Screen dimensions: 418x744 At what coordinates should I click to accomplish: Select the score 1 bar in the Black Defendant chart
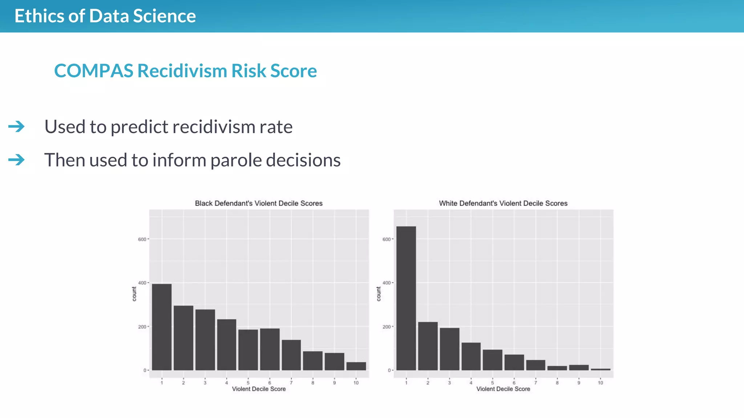[x=162, y=327]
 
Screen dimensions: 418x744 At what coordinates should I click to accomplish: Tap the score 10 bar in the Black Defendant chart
[x=356, y=366]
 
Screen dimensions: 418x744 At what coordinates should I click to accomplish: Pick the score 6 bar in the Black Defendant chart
[x=270, y=349]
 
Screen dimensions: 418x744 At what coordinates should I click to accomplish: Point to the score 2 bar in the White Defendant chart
[x=428, y=346]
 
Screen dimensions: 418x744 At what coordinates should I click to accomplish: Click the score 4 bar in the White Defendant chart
[x=471, y=356]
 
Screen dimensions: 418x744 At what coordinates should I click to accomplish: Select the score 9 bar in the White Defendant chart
[x=579, y=368]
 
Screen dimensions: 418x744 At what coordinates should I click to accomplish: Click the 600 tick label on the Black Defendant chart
[x=142, y=239]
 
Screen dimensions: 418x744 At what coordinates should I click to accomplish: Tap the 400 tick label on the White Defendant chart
[x=387, y=283]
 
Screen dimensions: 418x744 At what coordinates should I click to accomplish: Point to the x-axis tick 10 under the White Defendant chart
[x=601, y=383]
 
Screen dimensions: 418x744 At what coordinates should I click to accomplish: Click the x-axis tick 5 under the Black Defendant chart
[x=248, y=383]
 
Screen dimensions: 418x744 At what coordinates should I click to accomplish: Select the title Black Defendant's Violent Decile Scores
[x=259, y=204]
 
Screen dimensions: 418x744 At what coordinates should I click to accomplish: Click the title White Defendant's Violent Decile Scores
[x=503, y=204]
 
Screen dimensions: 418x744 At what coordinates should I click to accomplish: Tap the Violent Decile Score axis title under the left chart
[x=259, y=389]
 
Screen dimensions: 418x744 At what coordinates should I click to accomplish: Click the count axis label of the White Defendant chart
[x=379, y=294]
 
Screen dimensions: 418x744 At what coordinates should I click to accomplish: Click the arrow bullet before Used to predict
[x=17, y=127]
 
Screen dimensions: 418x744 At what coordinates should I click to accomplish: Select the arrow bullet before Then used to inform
[x=17, y=160]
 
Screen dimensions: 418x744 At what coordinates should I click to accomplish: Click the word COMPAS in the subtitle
[x=94, y=71]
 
